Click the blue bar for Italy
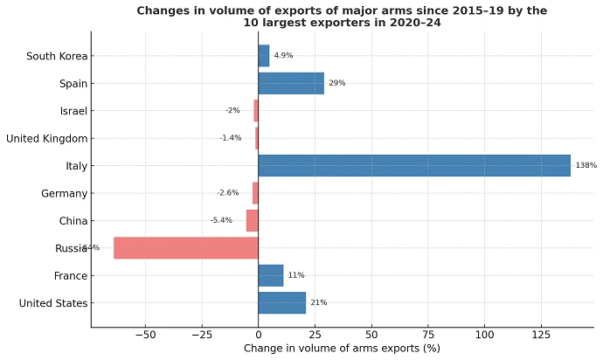413,166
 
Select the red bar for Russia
186,248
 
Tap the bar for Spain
291,84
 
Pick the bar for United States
281,303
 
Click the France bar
270,275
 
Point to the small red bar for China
253,220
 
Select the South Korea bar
263,56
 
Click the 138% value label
585,166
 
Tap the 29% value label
336,84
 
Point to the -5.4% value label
221,220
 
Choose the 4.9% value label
283,56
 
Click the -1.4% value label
231,138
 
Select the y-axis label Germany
65,193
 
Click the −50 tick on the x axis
144,335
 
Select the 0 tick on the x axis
258,335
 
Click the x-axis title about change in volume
342,349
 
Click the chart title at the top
342,17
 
